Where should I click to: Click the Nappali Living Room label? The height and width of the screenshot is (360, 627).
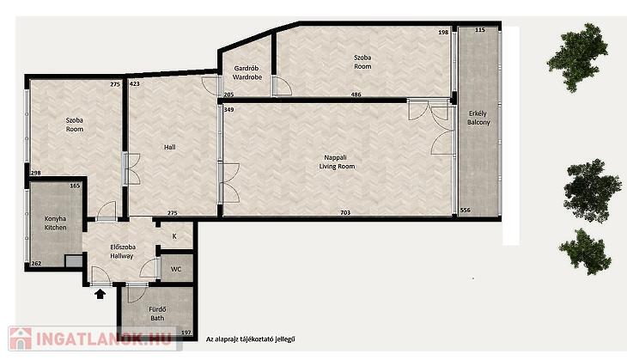click(x=337, y=162)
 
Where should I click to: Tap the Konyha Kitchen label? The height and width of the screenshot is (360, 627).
click(x=55, y=223)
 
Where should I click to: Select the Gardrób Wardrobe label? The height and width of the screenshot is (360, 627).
click(x=247, y=73)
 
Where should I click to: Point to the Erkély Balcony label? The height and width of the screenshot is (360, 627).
click(x=478, y=118)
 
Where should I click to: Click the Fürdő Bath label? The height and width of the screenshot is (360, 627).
click(x=157, y=314)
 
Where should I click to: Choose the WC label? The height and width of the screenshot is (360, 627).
click(x=176, y=269)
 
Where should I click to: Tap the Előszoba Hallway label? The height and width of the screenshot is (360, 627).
click(x=122, y=252)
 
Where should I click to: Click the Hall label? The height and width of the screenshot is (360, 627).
click(x=169, y=147)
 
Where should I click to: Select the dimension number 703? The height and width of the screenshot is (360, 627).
click(x=345, y=213)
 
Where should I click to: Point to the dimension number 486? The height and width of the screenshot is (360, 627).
click(x=356, y=95)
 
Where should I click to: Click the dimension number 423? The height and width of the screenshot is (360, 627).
click(x=135, y=84)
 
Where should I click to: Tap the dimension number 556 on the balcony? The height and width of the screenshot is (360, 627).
click(x=465, y=210)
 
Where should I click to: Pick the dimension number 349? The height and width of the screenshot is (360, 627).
click(x=228, y=110)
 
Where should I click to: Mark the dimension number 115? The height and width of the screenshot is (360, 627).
click(x=480, y=30)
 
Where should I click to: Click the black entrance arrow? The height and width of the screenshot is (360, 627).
click(x=100, y=295)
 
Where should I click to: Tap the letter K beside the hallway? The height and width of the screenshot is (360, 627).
click(x=174, y=236)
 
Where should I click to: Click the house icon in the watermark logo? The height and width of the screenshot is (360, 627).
click(x=21, y=339)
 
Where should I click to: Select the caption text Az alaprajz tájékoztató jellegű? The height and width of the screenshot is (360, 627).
click(x=251, y=339)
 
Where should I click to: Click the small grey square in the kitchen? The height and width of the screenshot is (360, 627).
click(x=74, y=261)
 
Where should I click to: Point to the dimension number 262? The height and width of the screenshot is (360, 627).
click(x=36, y=263)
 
